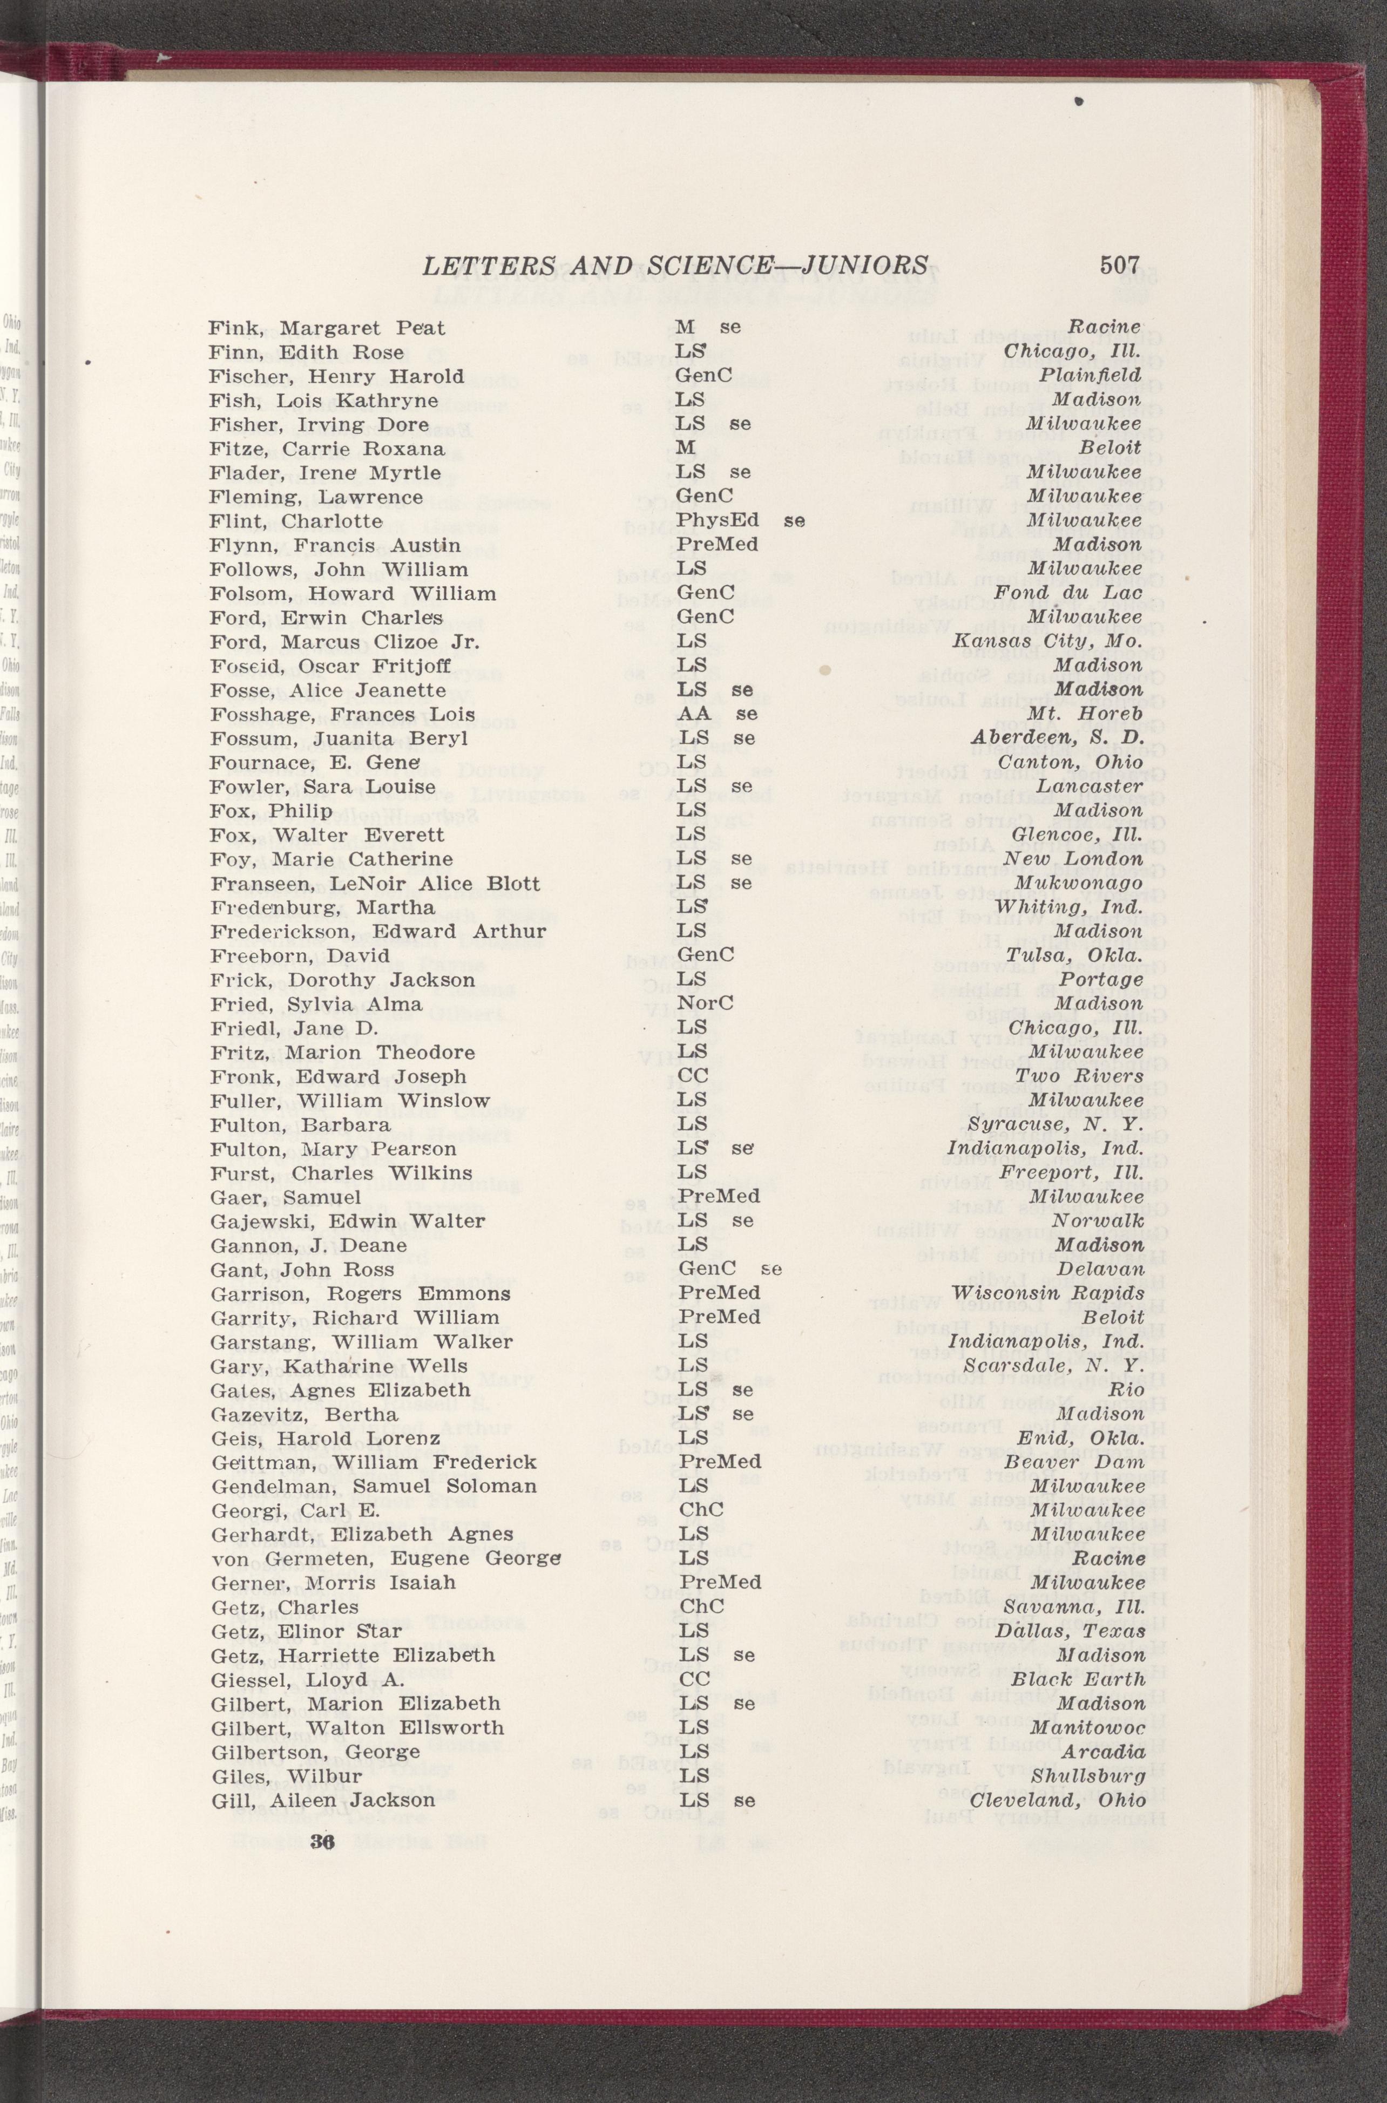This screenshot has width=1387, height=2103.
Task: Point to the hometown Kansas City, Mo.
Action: pos(1047,642)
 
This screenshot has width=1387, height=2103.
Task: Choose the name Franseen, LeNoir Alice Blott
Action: pos(375,884)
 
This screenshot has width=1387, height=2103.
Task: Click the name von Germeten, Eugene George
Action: pos(387,1558)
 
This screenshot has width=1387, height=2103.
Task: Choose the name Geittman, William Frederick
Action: pos(373,1462)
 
